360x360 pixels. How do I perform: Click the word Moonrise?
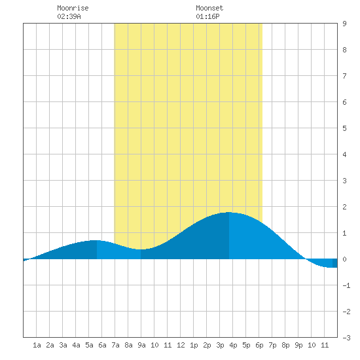pyautogui.click(x=73, y=8)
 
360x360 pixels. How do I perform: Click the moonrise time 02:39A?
pyautogui.click(x=69, y=16)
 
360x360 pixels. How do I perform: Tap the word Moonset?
pyautogui.click(x=209, y=8)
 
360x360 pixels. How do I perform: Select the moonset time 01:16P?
pyautogui.click(x=207, y=16)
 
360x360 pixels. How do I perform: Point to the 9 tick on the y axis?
pyautogui.click(x=344, y=24)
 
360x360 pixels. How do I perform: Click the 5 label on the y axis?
pyautogui.click(x=344, y=128)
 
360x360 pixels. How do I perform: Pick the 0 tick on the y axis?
pyautogui.click(x=344, y=259)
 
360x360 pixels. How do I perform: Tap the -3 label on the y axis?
pyautogui.click(x=346, y=338)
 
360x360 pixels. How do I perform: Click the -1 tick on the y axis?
pyautogui.click(x=346, y=285)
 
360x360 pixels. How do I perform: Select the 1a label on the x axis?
pyautogui.click(x=37, y=345)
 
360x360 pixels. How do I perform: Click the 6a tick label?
pyautogui.click(x=102, y=345)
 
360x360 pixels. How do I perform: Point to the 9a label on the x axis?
pyautogui.click(x=141, y=345)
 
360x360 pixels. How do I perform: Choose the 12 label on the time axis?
pyautogui.click(x=181, y=345)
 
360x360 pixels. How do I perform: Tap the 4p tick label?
pyautogui.click(x=233, y=345)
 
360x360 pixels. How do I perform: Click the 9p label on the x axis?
pyautogui.click(x=298, y=345)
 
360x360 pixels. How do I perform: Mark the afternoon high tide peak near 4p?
pyautogui.click(x=229, y=212)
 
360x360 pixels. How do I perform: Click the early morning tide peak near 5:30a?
pyautogui.click(x=97, y=240)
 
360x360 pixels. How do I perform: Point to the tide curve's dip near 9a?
pyautogui.click(x=141, y=249)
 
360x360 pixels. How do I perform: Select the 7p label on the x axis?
pyautogui.click(x=272, y=345)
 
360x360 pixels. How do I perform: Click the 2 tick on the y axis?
pyautogui.click(x=344, y=207)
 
